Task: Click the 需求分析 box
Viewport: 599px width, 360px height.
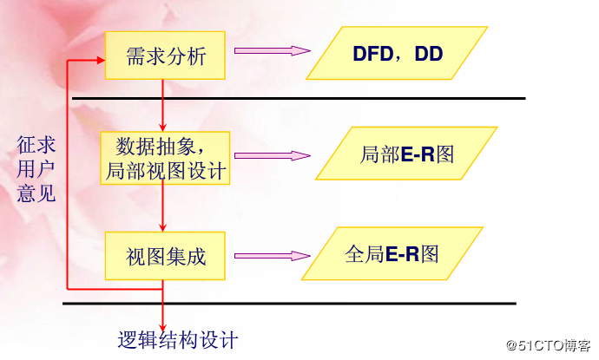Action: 166,56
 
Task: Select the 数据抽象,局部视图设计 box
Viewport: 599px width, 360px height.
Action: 164,157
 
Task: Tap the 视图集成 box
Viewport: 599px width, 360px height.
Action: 165,257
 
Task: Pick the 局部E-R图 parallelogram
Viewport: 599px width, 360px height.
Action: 406,154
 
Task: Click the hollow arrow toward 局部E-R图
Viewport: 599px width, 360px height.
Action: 272,156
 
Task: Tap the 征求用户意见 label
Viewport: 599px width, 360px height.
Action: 36,167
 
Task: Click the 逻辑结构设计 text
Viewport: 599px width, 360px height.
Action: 178,339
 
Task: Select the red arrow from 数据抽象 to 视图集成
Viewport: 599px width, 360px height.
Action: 162,208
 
